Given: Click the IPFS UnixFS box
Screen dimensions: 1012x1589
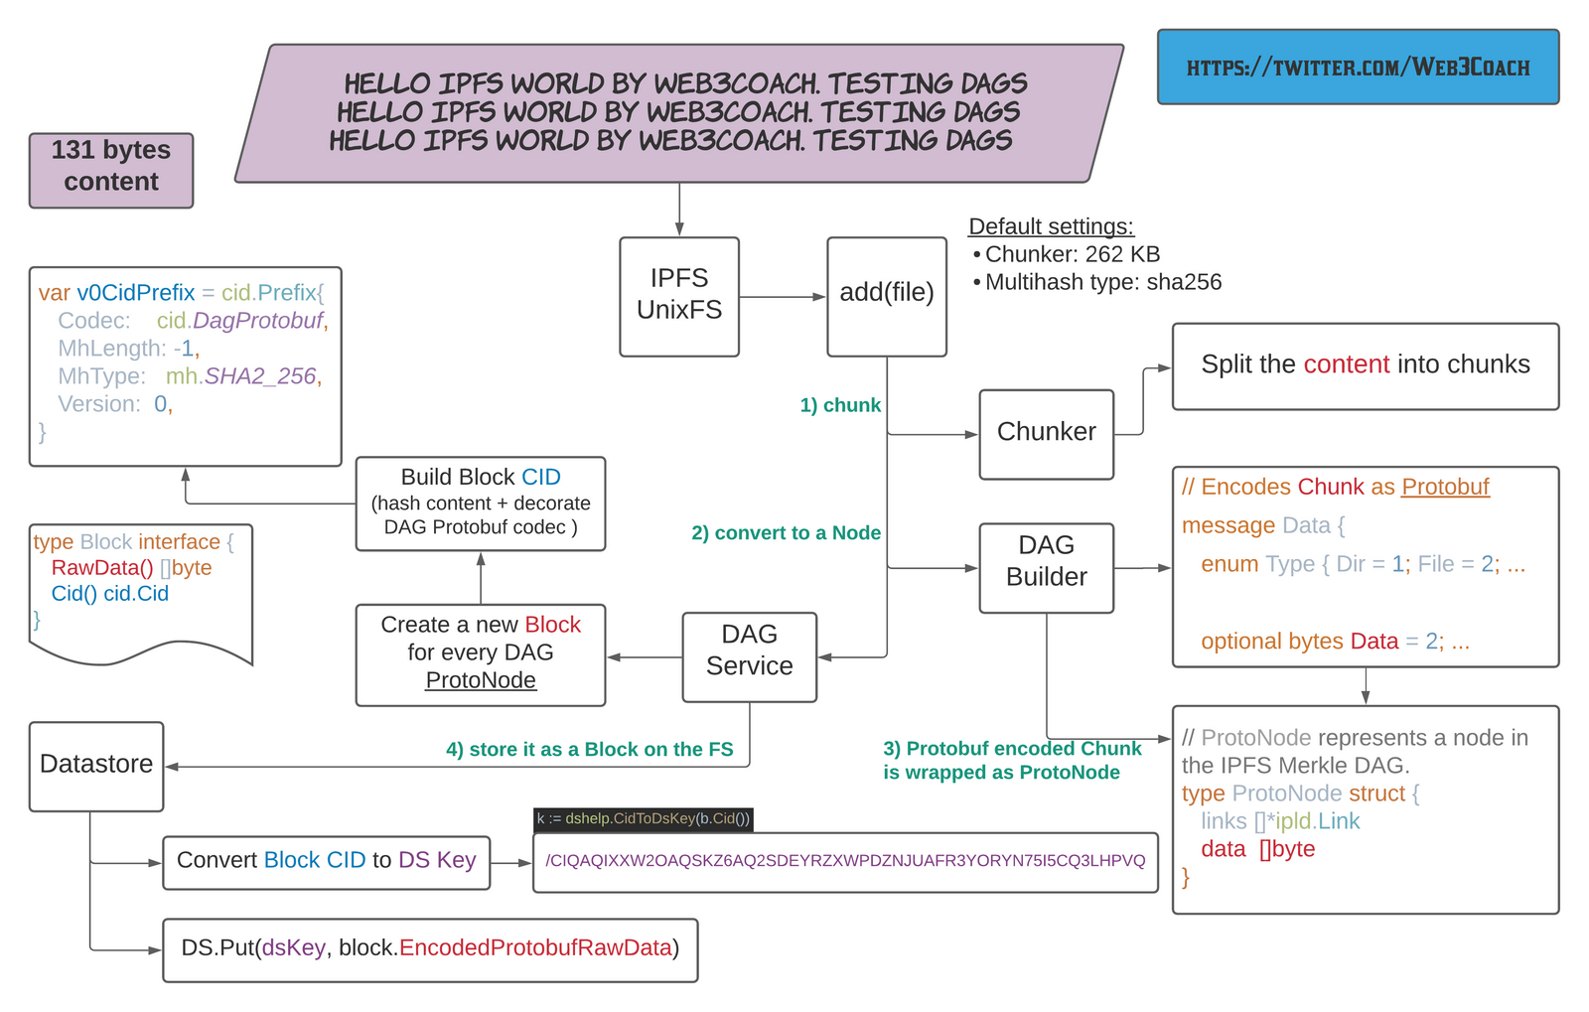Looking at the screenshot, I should click(x=678, y=296).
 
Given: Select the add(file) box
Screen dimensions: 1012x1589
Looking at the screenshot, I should click(x=886, y=296).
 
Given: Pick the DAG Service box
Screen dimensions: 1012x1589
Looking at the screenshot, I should click(x=749, y=656).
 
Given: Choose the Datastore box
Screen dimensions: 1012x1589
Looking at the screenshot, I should click(x=96, y=766).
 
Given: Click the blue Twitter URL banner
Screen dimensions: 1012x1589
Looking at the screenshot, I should click(x=1358, y=68).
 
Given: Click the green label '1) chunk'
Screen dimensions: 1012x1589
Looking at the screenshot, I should click(x=840, y=405).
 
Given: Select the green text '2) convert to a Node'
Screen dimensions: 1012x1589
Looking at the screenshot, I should click(x=786, y=533).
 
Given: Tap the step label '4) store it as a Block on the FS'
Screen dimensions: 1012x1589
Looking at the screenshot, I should click(x=589, y=750).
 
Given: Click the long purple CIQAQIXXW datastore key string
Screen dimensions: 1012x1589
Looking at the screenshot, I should click(x=845, y=861).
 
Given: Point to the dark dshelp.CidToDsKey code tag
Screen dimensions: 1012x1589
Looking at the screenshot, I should click(x=643, y=818).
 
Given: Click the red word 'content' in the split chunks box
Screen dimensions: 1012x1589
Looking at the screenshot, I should click(x=1346, y=364).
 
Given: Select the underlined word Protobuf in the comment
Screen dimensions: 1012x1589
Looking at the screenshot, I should click(x=1445, y=487).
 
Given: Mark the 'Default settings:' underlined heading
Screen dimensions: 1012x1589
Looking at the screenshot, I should click(x=1051, y=226).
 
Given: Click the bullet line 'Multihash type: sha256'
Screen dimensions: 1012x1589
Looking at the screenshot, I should click(x=1102, y=282).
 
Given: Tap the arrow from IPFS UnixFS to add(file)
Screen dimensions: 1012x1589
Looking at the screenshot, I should click(x=783, y=297).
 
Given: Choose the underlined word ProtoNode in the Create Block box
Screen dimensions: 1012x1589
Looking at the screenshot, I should click(x=481, y=680).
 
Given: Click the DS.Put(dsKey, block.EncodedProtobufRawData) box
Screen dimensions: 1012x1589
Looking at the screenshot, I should click(x=430, y=949).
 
